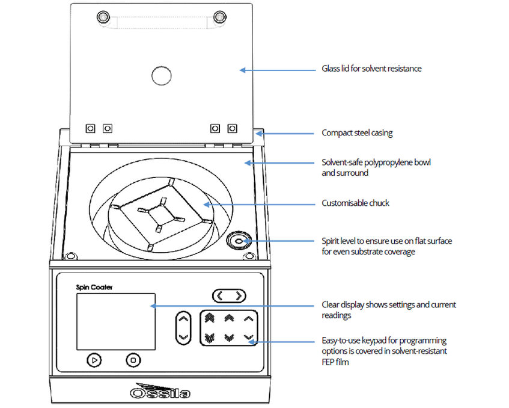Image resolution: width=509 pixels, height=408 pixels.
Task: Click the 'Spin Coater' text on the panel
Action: pyautogui.click(x=94, y=287)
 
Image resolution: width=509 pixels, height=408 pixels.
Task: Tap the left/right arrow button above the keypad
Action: pyautogui.click(x=230, y=295)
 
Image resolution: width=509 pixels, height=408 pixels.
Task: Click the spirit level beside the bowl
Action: pyautogui.click(x=238, y=241)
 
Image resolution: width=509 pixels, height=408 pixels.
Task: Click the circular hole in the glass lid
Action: pyautogui.click(x=161, y=75)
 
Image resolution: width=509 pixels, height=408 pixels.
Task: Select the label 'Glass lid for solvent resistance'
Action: pyautogui.click(x=371, y=69)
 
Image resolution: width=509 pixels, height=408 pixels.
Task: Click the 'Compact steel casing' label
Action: pyautogui.click(x=357, y=133)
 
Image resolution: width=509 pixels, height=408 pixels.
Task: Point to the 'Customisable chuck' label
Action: pyautogui.click(x=355, y=203)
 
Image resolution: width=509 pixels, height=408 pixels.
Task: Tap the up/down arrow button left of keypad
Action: pyautogui.click(x=184, y=328)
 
